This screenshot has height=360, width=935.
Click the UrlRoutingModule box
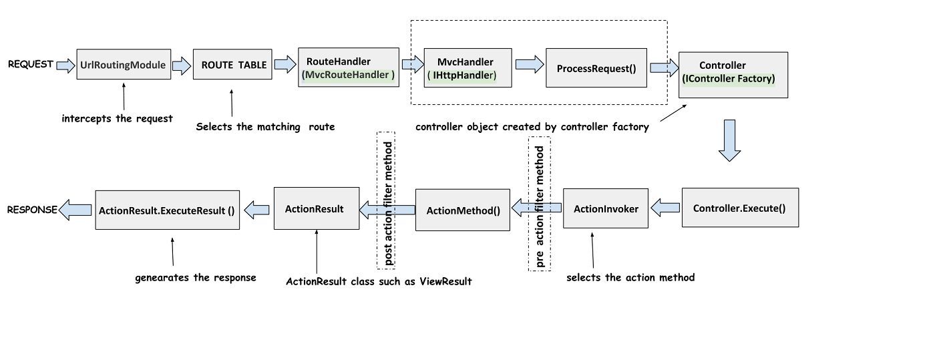tap(124, 65)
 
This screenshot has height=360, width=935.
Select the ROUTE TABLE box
tap(232, 65)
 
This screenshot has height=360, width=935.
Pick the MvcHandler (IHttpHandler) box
tap(469, 68)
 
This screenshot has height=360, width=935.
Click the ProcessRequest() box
tap(596, 67)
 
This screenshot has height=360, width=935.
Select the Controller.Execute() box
tap(739, 208)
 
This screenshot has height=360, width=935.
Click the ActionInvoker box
tap(606, 209)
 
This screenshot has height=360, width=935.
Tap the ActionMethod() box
tap(463, 210)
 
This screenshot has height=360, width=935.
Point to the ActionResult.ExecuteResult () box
tap(167, 210)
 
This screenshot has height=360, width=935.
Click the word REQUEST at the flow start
tap(30, 64)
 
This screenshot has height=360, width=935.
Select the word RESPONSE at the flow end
tap(31, 210)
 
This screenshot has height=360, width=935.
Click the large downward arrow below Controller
tap(729, 140)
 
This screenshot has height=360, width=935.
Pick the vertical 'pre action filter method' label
tap(540, 203)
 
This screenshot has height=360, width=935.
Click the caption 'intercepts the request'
tap(117, 118)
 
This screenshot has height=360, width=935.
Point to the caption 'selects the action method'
tap(630, 277)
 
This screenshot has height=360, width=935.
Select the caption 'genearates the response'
tap(195, 277)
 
